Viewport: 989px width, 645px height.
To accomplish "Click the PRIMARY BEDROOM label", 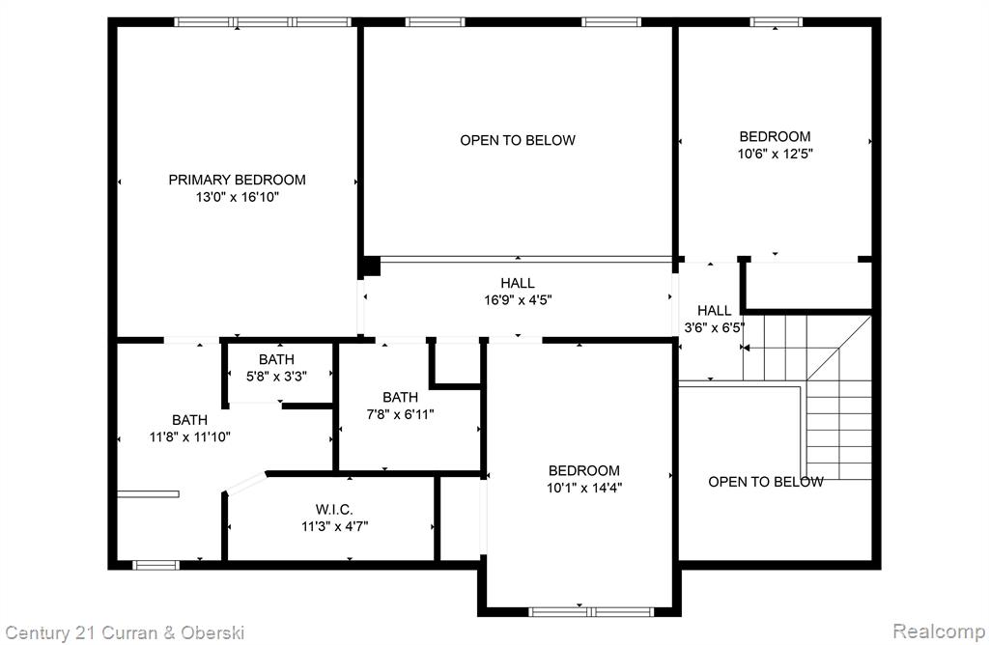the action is click(x=237, y=180).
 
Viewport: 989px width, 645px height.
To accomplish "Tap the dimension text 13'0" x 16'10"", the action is click(x=237, y=197).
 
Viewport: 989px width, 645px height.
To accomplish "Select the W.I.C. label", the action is click(x=333, y=510).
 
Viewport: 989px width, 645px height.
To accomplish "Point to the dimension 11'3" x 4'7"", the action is click(x=334, y=526).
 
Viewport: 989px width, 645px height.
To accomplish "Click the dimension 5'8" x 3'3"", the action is click(x=276, y=377).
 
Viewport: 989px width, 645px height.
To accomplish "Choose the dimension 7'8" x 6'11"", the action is click(x=400, y=414).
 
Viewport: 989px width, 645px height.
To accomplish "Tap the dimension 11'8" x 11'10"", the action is click(x=189, y=436).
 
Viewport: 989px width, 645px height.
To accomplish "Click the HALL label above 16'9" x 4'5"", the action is click(x=518, y=283).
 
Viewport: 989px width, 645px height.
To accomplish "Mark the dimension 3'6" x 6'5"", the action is click(x=714, y=327).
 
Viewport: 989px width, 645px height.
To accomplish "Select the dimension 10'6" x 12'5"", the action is click(x=775, y=154).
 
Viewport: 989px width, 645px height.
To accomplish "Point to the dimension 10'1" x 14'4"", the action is click(x=584, y=488).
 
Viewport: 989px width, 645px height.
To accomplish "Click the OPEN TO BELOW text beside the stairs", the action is click(x=765, y=482).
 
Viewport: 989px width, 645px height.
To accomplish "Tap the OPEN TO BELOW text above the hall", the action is click(x=518, y=140).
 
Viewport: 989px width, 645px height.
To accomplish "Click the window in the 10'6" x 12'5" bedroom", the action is click(x=776, y=22).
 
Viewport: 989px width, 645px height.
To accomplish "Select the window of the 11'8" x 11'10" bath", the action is click(x=155, y=565).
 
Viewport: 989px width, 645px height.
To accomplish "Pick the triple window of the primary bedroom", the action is click(x=263, y=22).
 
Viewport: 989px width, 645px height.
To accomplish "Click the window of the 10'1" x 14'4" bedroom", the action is click(x=590, y=611).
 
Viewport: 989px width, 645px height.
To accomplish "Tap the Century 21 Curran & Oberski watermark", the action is click(x=125, y=632).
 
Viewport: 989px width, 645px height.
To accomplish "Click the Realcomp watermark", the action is click(x=939, y=631).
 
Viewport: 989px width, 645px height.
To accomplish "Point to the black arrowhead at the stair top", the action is click(x=745, y=348).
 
